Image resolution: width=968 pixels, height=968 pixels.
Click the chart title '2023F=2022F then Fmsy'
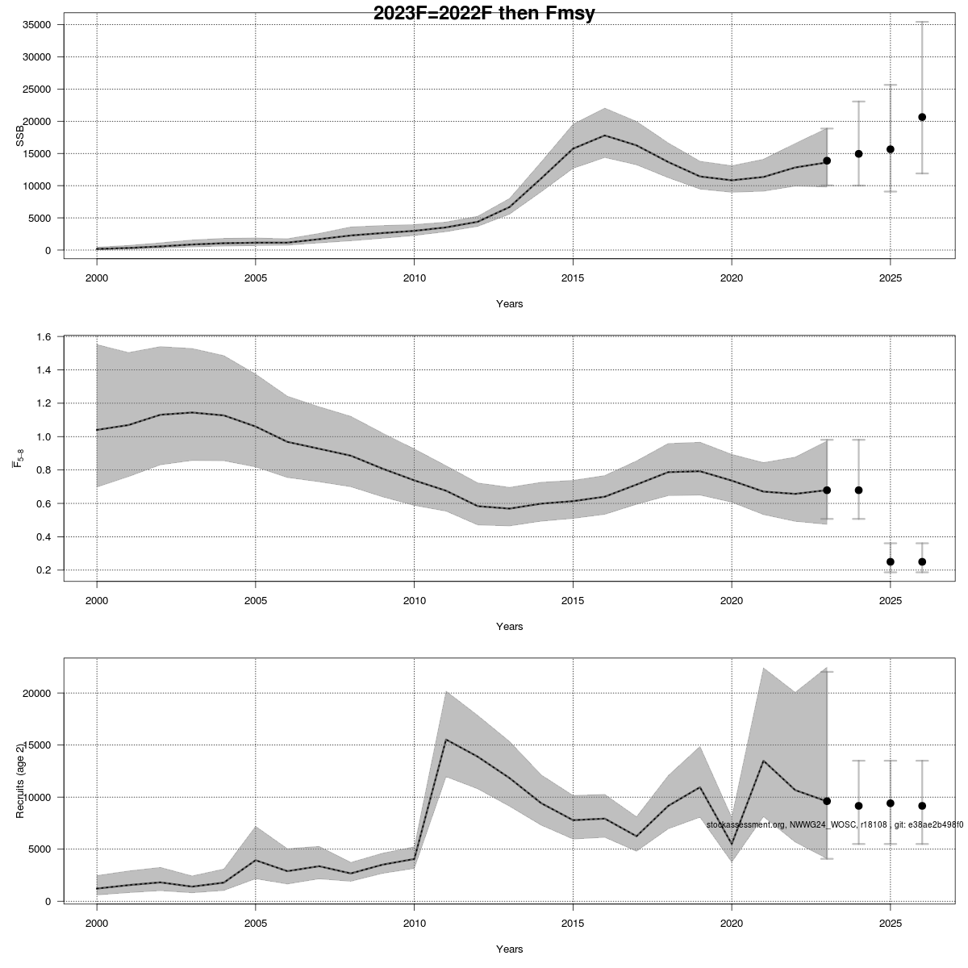tap(484, 14)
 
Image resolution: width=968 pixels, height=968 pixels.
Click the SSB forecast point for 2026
tap(922, 117)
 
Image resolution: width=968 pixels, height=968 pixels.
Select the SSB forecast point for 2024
tap(858, 153)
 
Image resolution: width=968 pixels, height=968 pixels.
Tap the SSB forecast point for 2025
tap(891, 149)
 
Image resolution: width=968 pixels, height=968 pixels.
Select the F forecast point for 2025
tap(891, 561)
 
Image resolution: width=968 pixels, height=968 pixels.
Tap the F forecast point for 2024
tap(858, 490)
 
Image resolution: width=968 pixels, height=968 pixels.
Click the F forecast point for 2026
tap(922, 561)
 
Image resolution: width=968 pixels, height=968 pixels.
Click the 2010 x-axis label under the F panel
tap(414, 600)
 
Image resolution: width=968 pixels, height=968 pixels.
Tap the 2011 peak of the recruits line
tap(446, 740)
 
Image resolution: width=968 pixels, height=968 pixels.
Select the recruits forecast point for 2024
tap(858, 806)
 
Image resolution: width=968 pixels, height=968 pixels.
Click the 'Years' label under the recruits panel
tap(509, 949)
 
